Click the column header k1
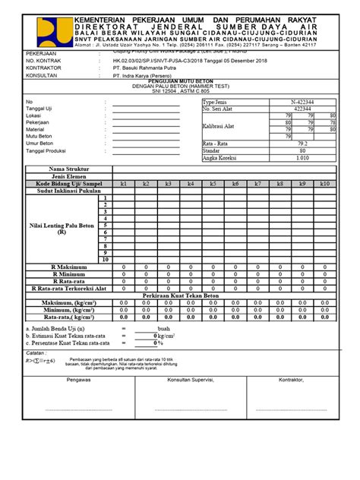pyautogui.click(x=123, y=184)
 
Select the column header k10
pyautogui.click(x=325, y=184)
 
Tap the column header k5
pyautogui.click(x=213, y=184)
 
